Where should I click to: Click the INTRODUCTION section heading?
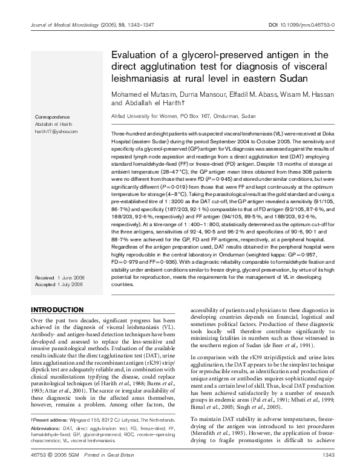(57, 309)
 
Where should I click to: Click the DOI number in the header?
(313, 25)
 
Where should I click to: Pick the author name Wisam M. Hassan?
(301, 95)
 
